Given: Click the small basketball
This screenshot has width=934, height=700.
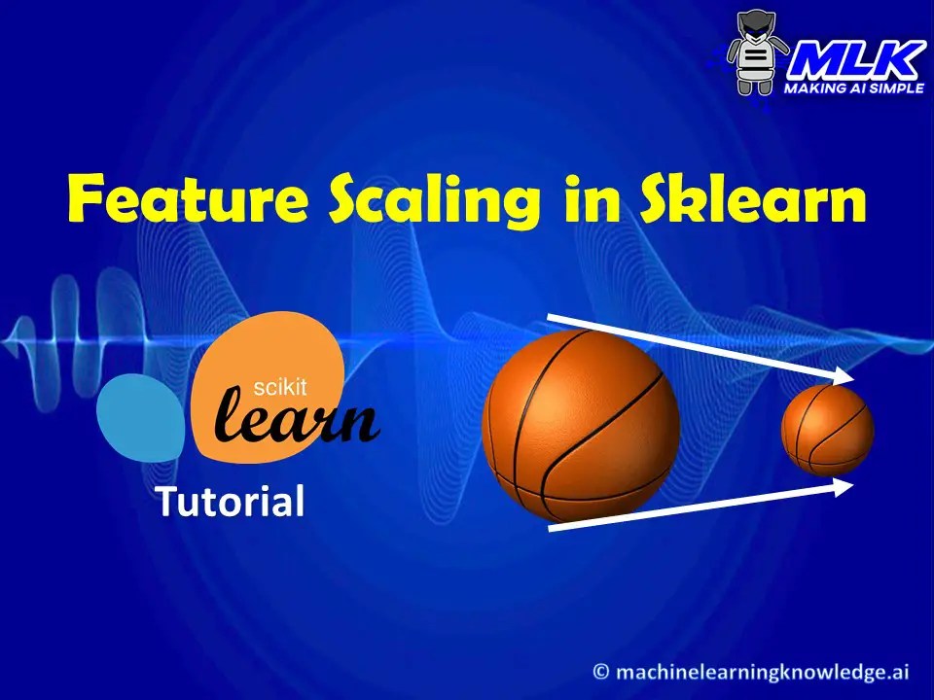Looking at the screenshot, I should pos(827,430).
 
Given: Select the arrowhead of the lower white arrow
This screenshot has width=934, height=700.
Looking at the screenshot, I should pos(844,485).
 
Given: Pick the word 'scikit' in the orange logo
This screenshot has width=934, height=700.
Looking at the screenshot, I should pos(279,388).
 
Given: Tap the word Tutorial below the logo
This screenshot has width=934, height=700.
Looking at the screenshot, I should pos(230,502).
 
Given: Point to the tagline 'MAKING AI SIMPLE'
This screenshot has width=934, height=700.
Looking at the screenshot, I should pos(853,88).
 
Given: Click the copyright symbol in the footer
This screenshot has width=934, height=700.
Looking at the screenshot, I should pos(602,671).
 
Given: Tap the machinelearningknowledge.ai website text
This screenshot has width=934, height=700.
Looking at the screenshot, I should pos(764,671).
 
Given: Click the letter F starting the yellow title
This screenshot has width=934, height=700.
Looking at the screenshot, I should pos(89,199).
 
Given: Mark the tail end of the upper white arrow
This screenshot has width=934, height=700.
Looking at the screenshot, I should pos(551,317).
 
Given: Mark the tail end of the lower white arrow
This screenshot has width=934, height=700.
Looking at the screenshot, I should pos(551,528).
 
